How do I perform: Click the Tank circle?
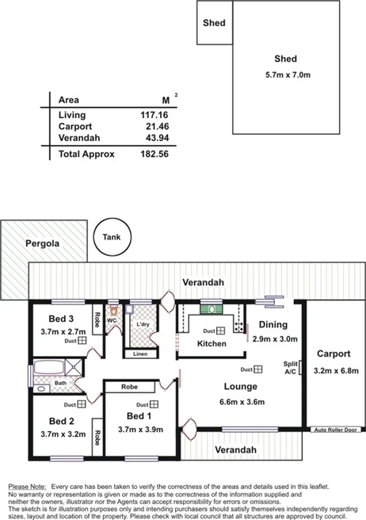pos(111,238)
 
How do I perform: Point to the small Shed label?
pos(215,23)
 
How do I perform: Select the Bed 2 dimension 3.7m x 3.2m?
pos(61,434)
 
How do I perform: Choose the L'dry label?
pos(143,325)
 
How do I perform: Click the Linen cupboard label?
pos(140,354)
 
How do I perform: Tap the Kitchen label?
pos(212,344)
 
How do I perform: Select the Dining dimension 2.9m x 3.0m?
pos(272,338)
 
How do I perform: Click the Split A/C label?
pos(291,367)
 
